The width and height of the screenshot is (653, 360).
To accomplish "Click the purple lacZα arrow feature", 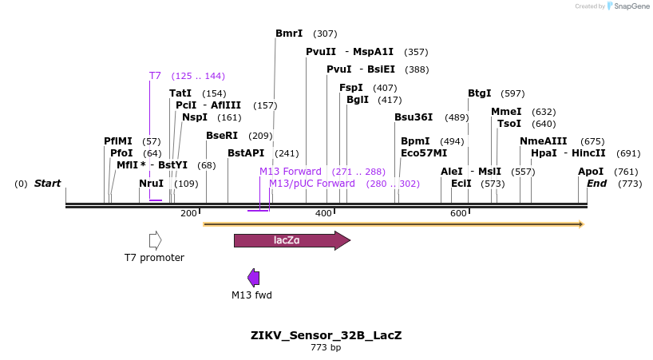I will (291, 240).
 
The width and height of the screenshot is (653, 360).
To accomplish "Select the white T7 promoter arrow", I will (155, 240).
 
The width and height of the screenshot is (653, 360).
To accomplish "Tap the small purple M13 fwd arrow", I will (253, 278).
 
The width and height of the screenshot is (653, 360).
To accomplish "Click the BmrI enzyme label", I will (289, 34).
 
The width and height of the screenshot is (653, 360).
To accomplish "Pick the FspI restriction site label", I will (351, 88).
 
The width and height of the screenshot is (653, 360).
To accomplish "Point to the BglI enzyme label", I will (358, 100).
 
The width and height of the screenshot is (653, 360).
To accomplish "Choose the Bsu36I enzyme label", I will (414, 117).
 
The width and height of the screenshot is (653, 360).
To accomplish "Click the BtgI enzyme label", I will (479, 93).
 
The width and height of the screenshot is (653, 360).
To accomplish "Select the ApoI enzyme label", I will (591, 172).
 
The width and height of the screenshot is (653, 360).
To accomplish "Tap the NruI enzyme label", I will (151, 184).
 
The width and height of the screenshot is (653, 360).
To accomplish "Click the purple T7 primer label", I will (155, 76).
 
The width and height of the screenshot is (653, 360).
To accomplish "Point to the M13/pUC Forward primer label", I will (312, 184).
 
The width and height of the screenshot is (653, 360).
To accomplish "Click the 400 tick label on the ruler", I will (323, 213).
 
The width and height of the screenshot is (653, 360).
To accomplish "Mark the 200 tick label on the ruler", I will (188, 213).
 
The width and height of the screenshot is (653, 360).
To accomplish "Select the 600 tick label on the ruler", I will (458, 213).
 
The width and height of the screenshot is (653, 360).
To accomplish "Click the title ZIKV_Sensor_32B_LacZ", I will (326, 335).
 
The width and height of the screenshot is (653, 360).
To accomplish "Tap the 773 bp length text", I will (326, 348).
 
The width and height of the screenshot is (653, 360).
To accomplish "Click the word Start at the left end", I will (47, 184).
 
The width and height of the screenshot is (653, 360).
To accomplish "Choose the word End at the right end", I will (596, 184).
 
